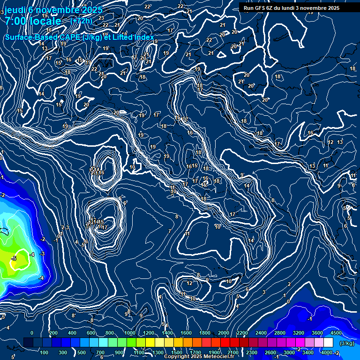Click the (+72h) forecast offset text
click(81, 21)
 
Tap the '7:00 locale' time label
click(33, 21)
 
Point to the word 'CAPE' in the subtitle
click(69, 37)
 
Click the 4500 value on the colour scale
click(336, 333)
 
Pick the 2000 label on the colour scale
click(224, 333)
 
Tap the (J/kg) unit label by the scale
click(347, 343)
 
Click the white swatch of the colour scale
click(328, 343)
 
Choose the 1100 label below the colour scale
click(139, 352)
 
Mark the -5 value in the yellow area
click(14, 258)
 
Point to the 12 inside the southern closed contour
click(189, 283)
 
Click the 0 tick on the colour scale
click(32, 333)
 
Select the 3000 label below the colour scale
click(289, 352)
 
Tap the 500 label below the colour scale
click(81, 352)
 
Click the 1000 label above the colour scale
click(129, 333)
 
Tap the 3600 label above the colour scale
click(317, 333)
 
